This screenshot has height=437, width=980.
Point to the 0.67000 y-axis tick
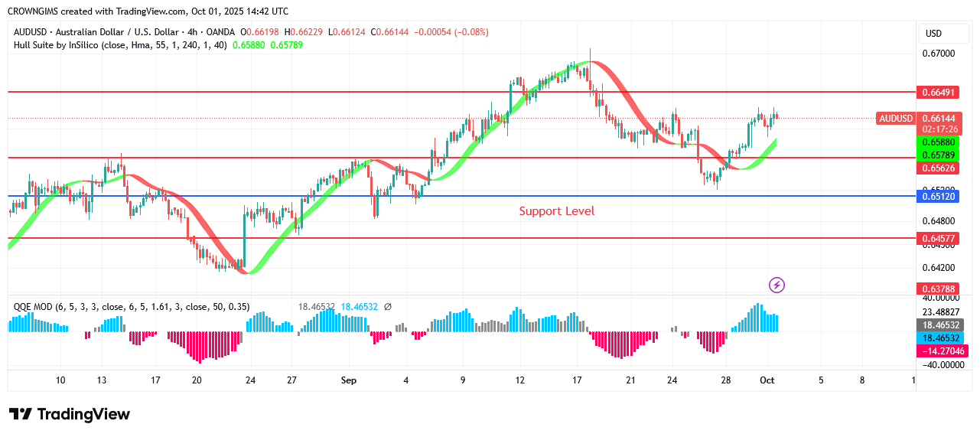pos(938,54)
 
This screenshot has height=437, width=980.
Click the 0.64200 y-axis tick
pos(938,268)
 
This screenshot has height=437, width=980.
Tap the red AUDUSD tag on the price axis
pos(896,118)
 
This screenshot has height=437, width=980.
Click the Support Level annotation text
pos(556,211)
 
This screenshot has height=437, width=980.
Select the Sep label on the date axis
pos(349,380)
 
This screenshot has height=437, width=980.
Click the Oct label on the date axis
pos(766,380)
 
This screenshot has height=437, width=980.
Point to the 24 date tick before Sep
pos(249,380)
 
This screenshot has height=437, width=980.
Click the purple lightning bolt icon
pos(777,285)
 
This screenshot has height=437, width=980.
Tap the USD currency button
pos(933,34)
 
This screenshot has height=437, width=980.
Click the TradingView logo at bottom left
pos(70,414)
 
